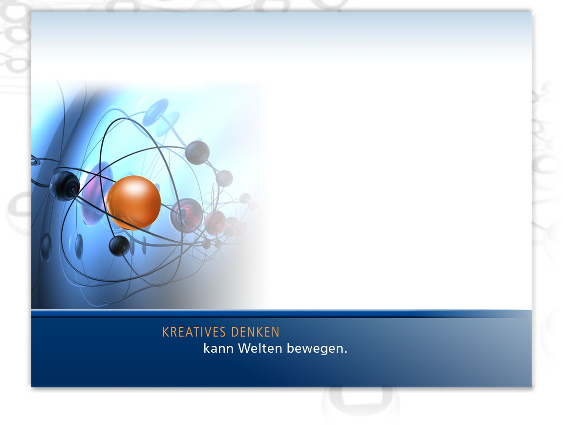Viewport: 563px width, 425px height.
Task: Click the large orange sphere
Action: tap(133, 202)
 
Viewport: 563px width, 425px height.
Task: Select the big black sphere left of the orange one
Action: tap(65, 186)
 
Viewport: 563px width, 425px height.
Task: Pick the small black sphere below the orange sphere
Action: tap(119, 246)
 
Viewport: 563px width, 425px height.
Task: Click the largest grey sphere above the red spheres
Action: tap(197, 152)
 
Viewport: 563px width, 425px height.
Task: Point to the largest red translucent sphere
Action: tap(186, 215)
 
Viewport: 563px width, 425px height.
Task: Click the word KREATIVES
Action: tap(194, 332)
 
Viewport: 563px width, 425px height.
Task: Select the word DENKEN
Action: tap(255, 332)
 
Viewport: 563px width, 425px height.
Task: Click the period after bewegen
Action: tap(346, 352)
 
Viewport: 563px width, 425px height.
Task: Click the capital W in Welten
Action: tap(244, 348)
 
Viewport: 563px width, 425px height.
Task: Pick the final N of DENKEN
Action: tap(276, 332)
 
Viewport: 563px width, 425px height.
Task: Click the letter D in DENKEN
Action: tap(235, 332)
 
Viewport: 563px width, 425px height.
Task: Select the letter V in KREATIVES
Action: tap(207, 332)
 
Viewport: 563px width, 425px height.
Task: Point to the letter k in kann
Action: tap(207, 348)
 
